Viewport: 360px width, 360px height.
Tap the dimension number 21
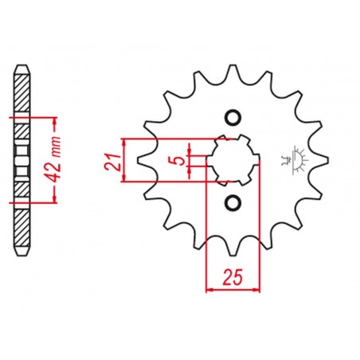tap(112, 162)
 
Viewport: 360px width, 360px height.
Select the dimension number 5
tap(180, 160)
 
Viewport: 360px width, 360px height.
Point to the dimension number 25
tap(233, 277)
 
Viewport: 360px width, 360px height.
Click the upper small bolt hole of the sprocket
tap(233, 118)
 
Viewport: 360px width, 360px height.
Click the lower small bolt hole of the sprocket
tap(233, 203)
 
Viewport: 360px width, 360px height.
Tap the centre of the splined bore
tap(233, 160)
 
